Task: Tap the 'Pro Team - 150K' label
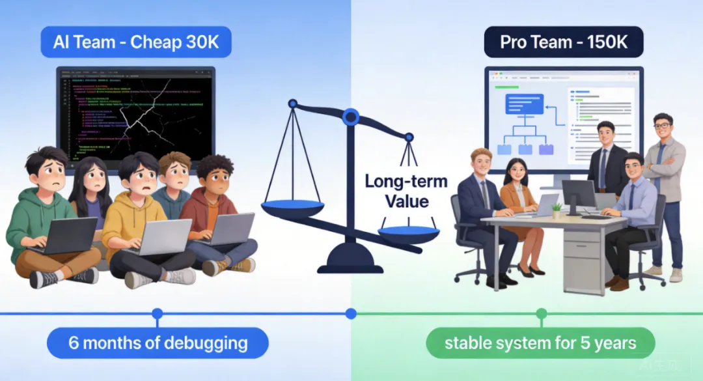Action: click(564, 43)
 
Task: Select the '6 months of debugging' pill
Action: click(158, 343)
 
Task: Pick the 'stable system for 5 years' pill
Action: click(540, 343)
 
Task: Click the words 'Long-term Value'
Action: click(406, 190)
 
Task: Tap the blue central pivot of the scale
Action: click(351, 117)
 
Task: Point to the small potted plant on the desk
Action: click(556, 210)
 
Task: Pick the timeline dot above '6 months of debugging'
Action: click(157, 313)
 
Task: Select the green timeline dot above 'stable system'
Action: click(542, 314)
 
